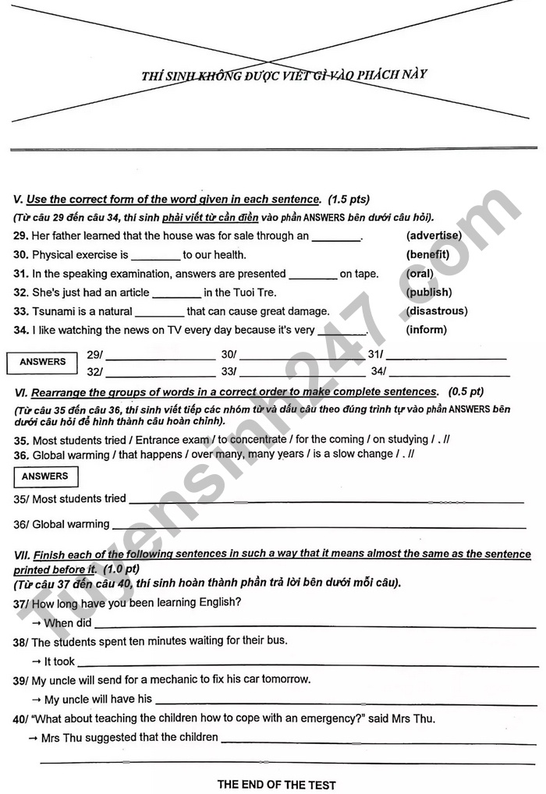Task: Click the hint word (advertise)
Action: (434, 236)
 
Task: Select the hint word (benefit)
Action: (427, 254)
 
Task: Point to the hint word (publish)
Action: (428, 292)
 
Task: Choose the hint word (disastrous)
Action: (436, 311)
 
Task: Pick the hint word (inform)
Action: (426, 330)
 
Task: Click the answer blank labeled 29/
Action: (161, 355)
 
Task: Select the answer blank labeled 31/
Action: (446, 355)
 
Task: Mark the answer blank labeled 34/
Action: (448, 372)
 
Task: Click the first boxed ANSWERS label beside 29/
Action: (43, 362)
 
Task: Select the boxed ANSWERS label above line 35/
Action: (44, 477)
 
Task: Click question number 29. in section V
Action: (21, 236)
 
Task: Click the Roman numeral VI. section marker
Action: (21, 392)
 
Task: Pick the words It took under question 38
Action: (59, 661)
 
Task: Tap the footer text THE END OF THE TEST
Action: (276, 784)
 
